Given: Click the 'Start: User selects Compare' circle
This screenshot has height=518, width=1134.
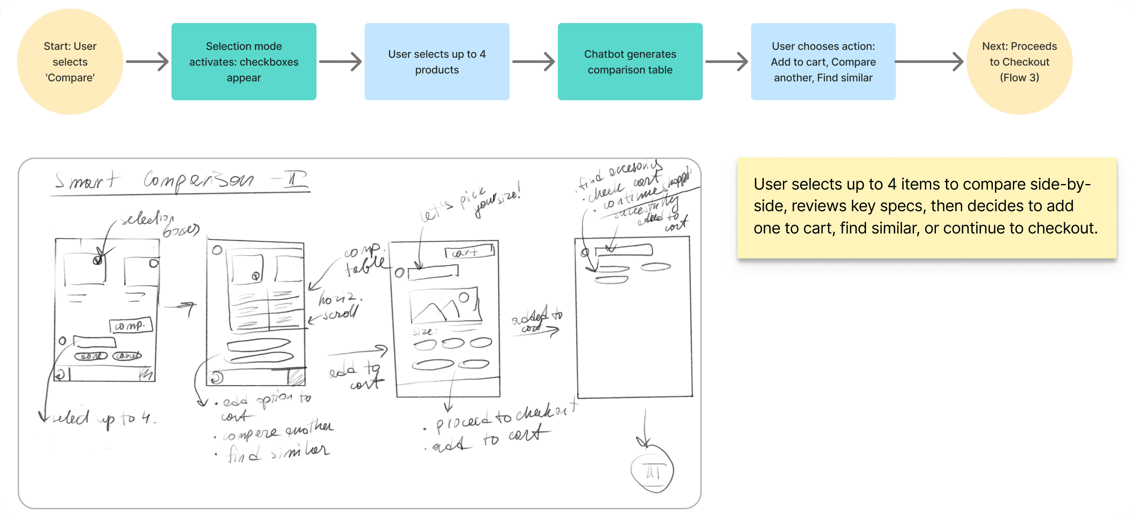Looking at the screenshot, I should click(70, 62).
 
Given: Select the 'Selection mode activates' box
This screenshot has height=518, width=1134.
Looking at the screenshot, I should click(243, 62).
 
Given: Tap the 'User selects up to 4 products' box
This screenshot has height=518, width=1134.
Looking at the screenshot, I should click(437, 62).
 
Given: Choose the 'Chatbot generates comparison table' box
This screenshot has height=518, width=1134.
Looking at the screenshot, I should click(630, 62).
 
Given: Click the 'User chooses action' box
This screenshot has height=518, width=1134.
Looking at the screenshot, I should click(823, 62).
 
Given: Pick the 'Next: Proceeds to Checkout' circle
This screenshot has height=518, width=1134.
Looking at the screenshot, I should click(1019, 62).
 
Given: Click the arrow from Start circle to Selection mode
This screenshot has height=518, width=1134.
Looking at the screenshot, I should click(147, 62).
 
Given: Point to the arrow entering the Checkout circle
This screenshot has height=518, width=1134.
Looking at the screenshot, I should click(929, 62).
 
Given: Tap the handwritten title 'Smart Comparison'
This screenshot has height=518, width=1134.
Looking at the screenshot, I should click(181, 181).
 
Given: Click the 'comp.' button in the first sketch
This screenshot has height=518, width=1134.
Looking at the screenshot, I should click(130, 326).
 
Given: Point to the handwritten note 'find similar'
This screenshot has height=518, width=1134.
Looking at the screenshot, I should click(277, 452).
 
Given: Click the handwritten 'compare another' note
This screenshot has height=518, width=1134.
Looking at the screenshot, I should click(277, 431).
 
